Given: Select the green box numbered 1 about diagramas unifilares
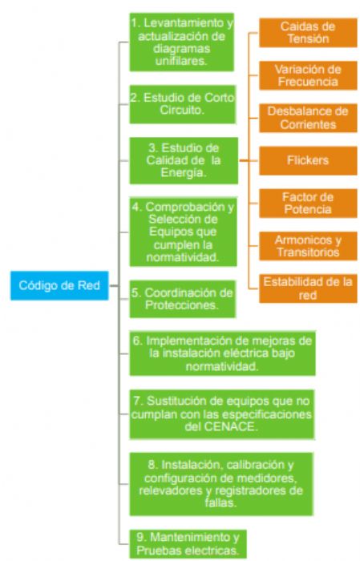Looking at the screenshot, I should [182, 42].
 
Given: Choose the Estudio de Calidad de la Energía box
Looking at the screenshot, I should [182, 161].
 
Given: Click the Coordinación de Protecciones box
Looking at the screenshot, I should [182, 298].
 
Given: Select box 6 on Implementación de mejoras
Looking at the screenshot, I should [223, 353].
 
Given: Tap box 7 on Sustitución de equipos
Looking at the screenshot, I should [223, 413].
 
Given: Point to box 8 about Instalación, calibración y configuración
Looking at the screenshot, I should [223, 482].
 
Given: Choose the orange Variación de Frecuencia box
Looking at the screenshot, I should [308, 75].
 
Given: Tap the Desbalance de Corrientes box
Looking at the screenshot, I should [308, 118].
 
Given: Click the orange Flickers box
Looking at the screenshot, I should [308, 160].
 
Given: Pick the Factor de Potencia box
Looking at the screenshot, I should [308, 203].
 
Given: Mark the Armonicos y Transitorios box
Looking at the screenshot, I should [308, 245].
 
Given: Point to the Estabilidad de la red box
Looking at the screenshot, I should [308, 288].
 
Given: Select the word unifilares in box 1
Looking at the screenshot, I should [182, 60].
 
